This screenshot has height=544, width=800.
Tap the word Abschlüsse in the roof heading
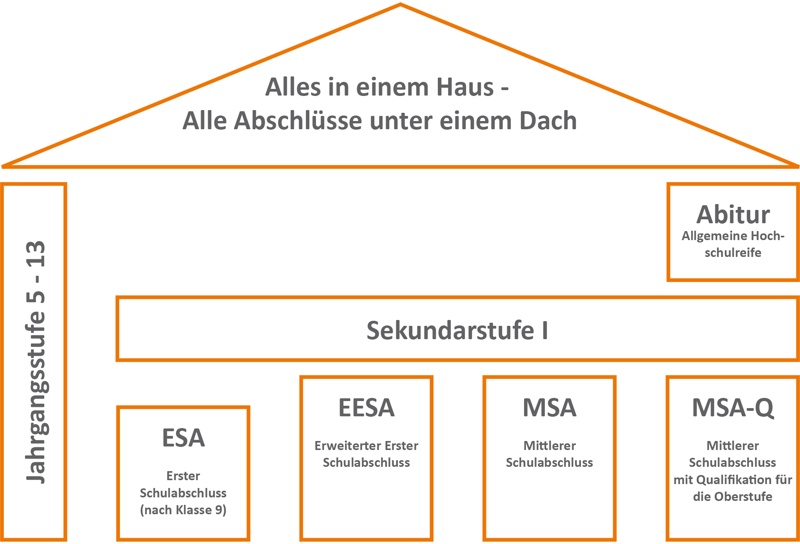[298, 120]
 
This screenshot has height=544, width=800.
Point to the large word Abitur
[733, 215]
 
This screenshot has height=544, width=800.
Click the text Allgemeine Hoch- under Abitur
[733, 236]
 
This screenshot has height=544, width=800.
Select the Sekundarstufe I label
[457, 331]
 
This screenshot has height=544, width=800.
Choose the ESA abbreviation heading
[183, 437]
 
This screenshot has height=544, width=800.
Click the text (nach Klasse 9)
[183, 510]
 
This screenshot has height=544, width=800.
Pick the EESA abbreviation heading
[366, 407]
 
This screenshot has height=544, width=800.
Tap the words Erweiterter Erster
[366, 446]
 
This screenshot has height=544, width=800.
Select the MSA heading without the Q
[550, 407]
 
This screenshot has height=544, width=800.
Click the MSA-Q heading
[733, 408]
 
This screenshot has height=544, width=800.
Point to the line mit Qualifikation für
[733, 480]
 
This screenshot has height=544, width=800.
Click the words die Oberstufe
[733, 497]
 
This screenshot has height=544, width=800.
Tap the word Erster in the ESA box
[183, 476]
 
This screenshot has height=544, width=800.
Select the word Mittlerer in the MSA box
[550, 446]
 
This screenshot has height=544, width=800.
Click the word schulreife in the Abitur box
[733, 253]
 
